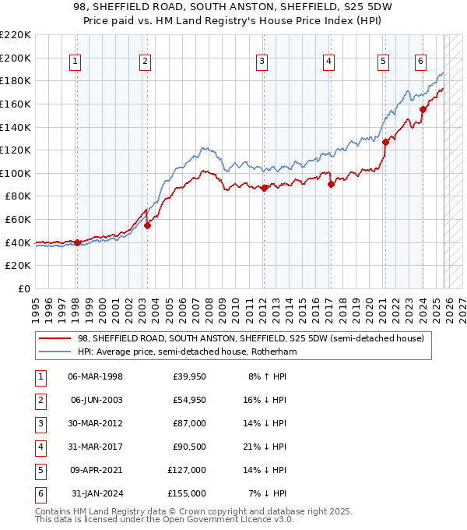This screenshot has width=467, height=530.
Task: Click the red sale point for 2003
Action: tap(147, 225)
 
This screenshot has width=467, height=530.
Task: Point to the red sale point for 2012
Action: tap(264, 188)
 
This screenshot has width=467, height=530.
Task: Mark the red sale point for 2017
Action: tap(331, 184)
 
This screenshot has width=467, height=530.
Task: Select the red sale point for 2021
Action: tap(385, 142)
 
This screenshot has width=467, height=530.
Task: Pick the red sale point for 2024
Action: tap(423, 110)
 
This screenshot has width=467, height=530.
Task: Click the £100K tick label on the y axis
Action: tap(16, 173)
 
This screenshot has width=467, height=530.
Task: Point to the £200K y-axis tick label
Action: tap(16, 58)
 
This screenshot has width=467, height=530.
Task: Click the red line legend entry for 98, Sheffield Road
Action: tap(250, 338)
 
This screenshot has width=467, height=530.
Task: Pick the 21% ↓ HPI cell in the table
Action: tap(268, 447)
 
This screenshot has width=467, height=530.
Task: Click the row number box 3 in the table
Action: tap(40, 424)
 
